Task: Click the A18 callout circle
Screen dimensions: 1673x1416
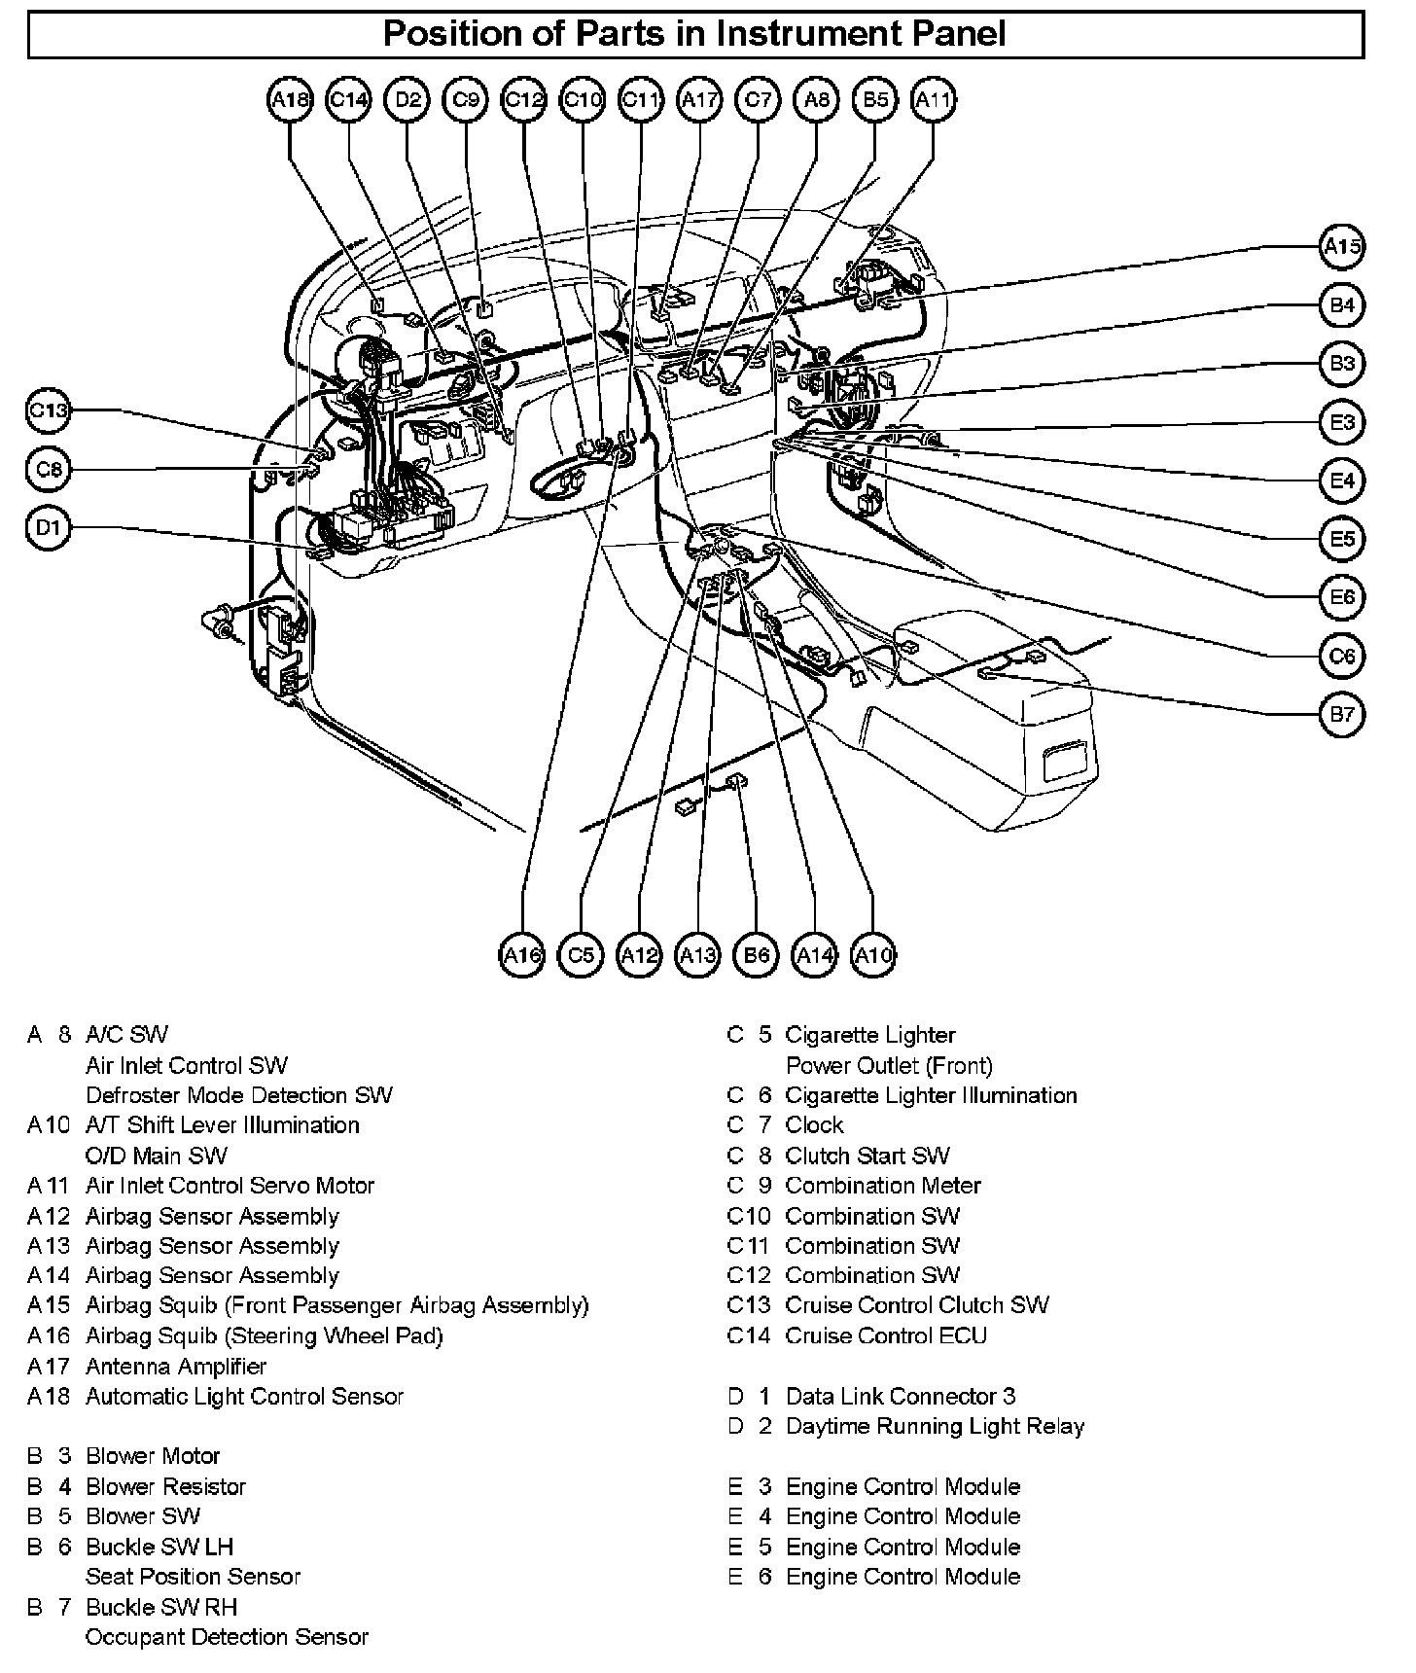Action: point(289,99)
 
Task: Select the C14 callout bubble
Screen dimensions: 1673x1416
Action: point(348,99)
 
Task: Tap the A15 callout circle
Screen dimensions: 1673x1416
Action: point(1342,246)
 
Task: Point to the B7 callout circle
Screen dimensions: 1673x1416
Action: point(1342,715)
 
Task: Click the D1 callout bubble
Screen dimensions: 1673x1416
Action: point(48,528)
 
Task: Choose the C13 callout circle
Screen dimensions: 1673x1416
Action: point(48,410)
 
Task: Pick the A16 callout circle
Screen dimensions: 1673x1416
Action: point(522,956)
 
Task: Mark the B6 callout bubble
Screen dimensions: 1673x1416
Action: point(756,956)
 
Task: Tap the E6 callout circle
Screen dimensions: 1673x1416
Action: point(1342,597)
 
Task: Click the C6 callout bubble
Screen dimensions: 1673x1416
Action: point(1342,656)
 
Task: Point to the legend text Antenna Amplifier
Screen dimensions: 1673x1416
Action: point(176,1367)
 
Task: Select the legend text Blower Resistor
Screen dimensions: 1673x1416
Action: point(165,1486)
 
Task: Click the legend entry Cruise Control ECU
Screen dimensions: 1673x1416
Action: point(885,1336)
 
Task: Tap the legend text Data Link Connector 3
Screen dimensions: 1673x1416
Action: point(900,1397)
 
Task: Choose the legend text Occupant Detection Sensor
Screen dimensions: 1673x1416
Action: point(227,1637)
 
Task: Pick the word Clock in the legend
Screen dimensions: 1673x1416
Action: point(814,1125)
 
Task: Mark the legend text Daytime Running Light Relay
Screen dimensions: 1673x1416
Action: point(935,1427)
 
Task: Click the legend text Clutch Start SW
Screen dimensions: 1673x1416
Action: point(867,1156)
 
